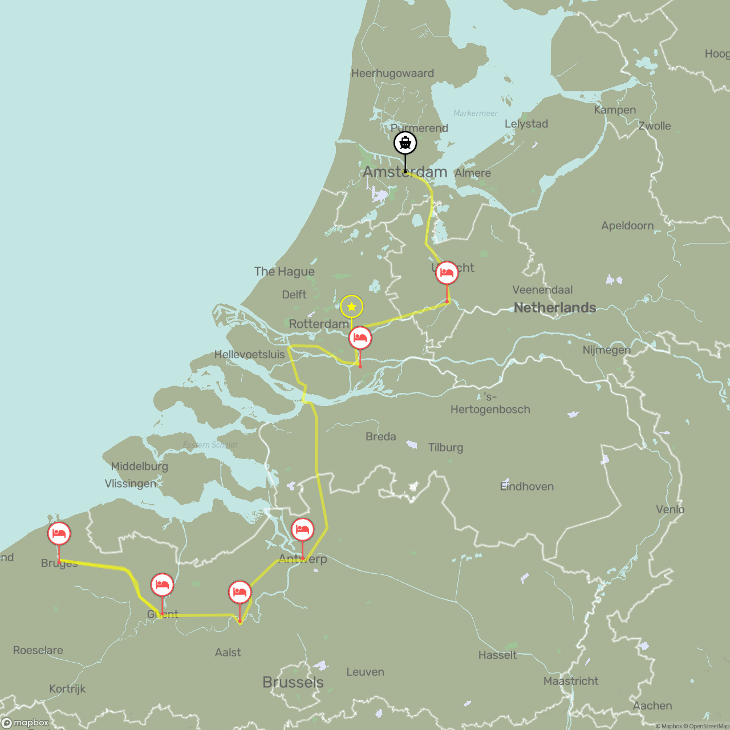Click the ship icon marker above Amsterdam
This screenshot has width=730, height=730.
coord(405,143)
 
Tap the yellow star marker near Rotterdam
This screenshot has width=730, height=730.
coord(351,307)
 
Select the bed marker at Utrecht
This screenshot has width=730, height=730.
coord(447,274)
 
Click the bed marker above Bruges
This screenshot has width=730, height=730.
coord(59,534)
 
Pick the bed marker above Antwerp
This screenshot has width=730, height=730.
coord(302,530)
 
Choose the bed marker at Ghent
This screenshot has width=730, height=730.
coord(162,585)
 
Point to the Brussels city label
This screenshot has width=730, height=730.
coord(293,682)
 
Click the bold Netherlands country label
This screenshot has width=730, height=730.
coord(554,308)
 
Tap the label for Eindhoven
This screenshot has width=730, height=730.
coord(526,486)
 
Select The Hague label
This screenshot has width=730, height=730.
coord(284,271)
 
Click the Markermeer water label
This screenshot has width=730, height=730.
coord(475,113)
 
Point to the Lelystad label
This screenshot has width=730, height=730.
coord(526,124)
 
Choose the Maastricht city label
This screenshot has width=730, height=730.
coord(570,681)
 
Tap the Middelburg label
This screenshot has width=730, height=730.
coord(139,466)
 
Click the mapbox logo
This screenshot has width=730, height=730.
coord(26,723)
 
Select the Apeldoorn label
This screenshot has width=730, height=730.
coord(627,225)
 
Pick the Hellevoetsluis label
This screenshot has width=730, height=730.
coord(249,354)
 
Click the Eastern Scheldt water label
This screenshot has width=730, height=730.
coord(209,445)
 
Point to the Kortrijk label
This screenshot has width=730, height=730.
coord(67,688)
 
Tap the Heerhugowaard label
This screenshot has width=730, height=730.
coord(392,73)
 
